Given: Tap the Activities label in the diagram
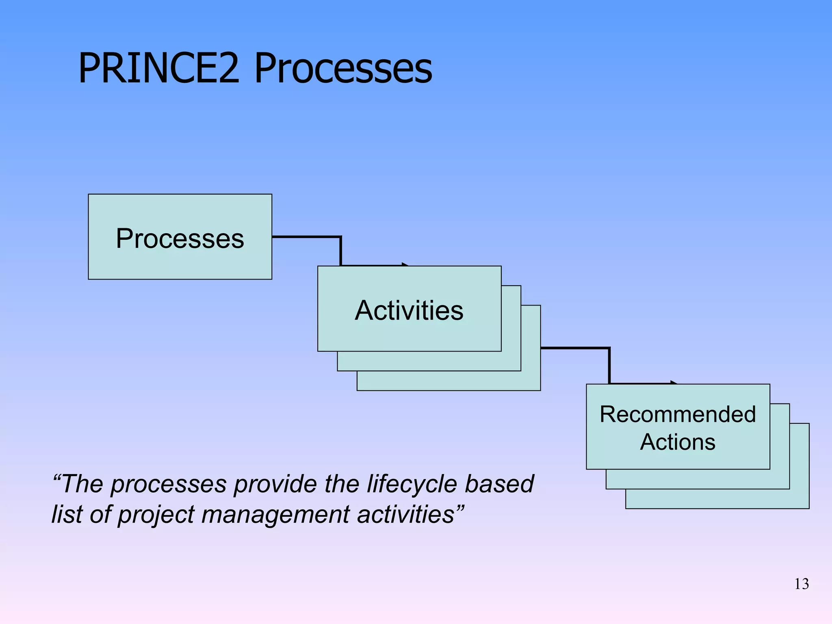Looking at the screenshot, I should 409,310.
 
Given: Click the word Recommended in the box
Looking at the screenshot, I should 678,414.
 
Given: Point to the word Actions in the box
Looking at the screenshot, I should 678,442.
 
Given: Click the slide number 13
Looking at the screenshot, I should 802,584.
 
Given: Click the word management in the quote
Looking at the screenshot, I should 275,514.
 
